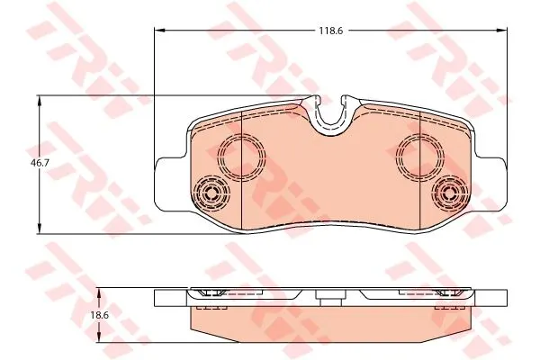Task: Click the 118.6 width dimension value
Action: coord(330,31)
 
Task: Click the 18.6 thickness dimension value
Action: coord(100,315)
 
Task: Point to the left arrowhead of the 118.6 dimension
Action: coord(159,31)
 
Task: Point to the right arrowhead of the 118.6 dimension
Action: coord(502,31)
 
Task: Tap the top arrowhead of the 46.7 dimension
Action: coord(40,102)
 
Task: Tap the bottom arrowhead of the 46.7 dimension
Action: coord(40,228)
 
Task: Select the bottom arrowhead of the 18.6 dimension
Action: coord(99,337)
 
